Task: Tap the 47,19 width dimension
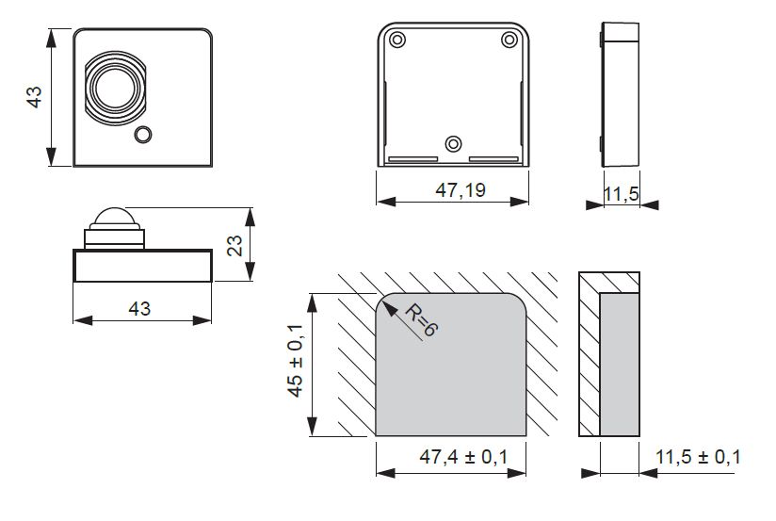[461, 190]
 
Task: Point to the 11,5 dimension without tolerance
[621, 194]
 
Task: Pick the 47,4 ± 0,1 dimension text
[463, 457]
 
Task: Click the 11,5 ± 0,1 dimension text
[697, 457]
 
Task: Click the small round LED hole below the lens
[143, 135]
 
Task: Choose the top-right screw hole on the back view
[509, 40]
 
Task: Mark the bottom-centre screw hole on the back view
[454, 143]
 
